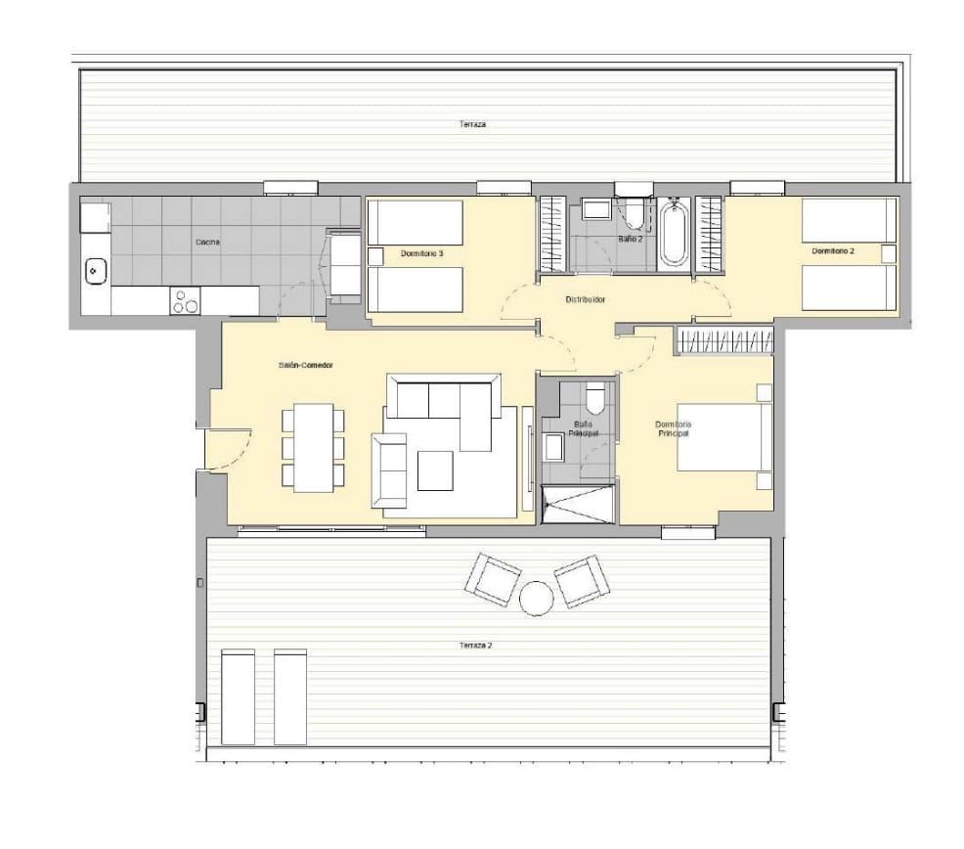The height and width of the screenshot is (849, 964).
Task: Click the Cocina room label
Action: tap(206, 242)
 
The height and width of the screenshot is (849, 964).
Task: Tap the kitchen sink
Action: tap(96, 270)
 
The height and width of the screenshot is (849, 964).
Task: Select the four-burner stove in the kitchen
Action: tap(185, 301)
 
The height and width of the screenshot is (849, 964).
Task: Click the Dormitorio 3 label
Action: tap(421, 254)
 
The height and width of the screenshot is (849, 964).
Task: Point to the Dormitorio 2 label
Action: tap(833, 251)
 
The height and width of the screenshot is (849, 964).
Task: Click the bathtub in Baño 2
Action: tap(674, 233)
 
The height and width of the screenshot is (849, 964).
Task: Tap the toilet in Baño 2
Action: tap(634, 211)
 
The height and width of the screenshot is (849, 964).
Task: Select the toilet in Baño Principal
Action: tap(595, 399)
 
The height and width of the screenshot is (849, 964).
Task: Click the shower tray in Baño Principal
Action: tap(578, 504)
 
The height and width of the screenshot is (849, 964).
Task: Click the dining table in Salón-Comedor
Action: tap(313, 447)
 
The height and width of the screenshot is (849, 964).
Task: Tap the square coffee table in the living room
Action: tap(435, 469)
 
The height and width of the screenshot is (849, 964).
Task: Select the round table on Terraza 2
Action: tap(537, 598)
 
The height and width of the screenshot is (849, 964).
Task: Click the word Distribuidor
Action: tap(586, 299)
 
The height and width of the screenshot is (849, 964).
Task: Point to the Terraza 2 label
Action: tap(474, 646)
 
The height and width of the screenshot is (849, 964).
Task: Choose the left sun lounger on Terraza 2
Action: tap(238, 696)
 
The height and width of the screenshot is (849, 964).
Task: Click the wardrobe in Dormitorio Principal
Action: tap(724, 340)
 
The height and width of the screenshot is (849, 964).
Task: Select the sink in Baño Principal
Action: tap(554, 448)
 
